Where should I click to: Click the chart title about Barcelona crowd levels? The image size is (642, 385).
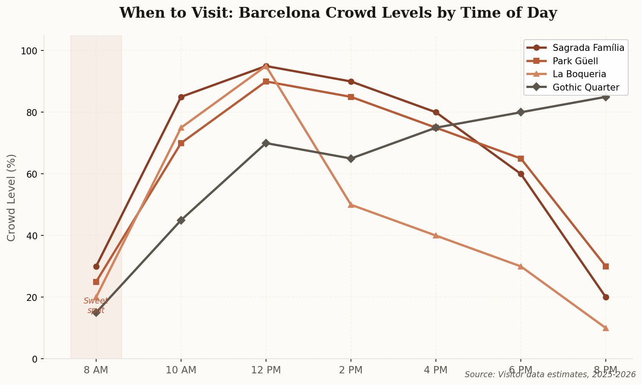(338, 13)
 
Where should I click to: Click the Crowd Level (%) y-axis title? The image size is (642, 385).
(12, 197)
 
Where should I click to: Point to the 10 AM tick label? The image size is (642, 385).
(181, 370)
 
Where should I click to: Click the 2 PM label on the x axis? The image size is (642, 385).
(351, 370)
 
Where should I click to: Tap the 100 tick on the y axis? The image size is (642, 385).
(30, 51)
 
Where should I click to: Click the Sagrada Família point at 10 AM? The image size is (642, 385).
(181, 97)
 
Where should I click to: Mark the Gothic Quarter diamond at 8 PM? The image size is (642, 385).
(606, 97)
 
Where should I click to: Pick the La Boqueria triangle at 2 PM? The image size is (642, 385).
(351, 205)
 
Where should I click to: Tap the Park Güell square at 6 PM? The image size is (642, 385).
(521, 159)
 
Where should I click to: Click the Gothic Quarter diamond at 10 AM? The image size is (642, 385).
(181, 220)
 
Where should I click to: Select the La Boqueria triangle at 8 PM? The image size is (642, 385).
(606, 328)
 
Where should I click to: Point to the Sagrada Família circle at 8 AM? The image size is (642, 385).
(96, 266)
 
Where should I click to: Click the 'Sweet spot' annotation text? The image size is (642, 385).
(96, 305)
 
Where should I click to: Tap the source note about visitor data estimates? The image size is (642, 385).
(550, 375)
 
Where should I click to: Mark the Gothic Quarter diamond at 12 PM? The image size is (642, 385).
(266, 143)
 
